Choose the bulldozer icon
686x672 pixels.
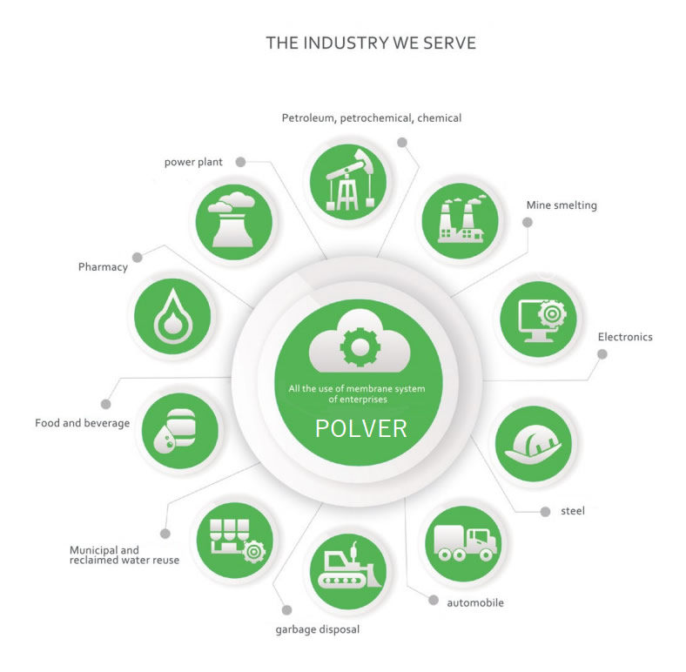coord(348,572)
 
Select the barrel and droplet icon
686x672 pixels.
coord(178,431)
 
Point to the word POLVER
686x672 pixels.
coord(360,429)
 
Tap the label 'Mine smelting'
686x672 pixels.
coord(561,205)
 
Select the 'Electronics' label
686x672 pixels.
coord(624,337)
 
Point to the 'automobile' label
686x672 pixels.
coord(474,602)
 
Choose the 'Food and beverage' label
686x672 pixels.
coord(82,423)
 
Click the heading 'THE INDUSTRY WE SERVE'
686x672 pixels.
coord(371,43)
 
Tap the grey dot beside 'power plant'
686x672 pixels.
coord(240,161)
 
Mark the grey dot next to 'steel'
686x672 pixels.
coord(545,511)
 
